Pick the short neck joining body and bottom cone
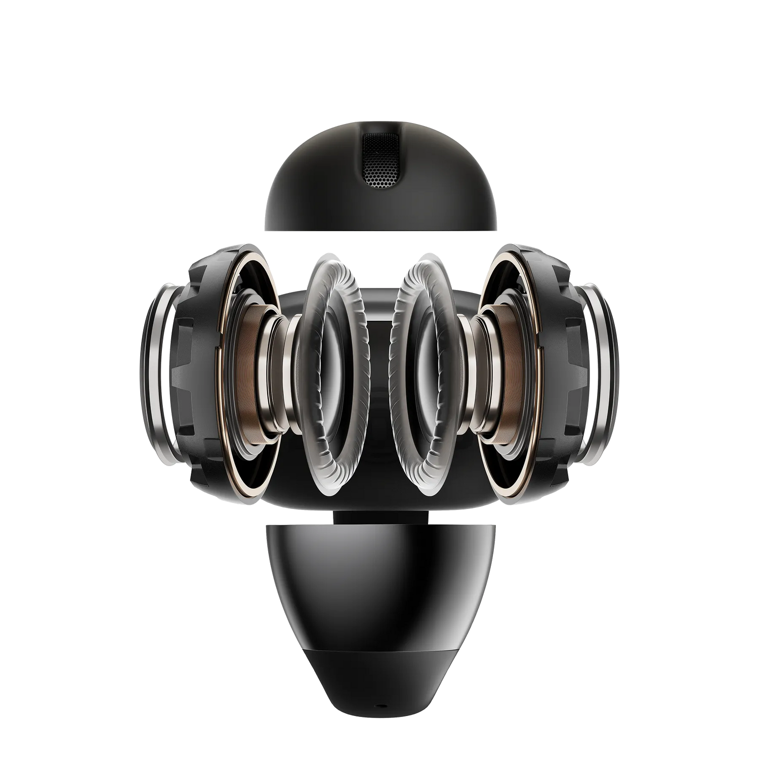click(x=379, y=517)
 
